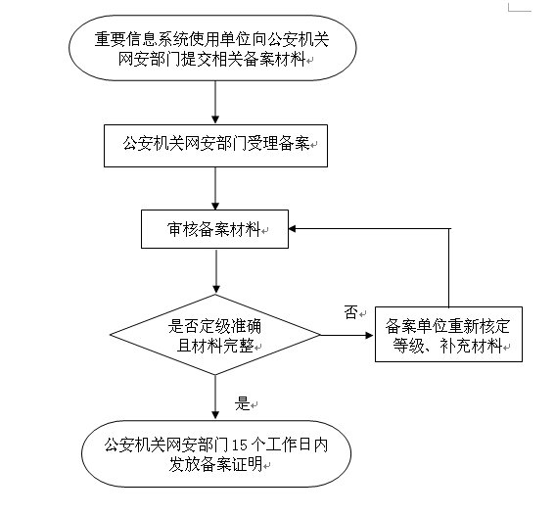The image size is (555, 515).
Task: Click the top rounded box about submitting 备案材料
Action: click(214, 51)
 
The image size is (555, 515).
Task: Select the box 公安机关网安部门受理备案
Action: click(214, 144)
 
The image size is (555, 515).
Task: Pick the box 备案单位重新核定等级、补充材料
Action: click(448, 335)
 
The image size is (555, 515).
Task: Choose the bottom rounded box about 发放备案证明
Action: click(214, 452)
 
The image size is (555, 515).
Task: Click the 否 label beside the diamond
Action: click(350, 311)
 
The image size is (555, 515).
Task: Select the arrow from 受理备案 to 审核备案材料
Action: click(214, 187)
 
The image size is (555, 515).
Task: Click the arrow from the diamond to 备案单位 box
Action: click(348, 336)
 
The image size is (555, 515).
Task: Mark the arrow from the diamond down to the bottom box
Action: click(214, 398)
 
